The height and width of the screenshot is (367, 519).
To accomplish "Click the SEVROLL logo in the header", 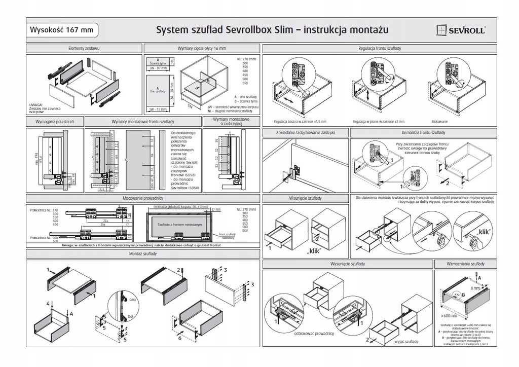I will click(x=461, y=30).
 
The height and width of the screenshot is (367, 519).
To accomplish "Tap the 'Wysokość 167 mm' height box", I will click(x=62, y=29).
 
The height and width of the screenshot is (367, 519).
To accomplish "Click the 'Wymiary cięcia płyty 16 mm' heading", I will click(x=202, y=48).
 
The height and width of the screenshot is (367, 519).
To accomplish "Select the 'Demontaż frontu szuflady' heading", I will click(x=424, y=132).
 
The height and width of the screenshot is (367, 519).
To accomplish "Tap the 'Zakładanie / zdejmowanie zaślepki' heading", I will click(x=306, y=132).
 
